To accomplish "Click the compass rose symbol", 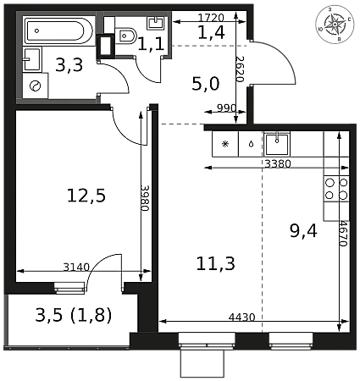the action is (335, 25).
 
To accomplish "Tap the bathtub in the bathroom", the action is (58, 31).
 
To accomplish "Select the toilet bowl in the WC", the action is (126, 36).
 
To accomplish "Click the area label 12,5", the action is (86, 196).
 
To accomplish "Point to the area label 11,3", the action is (215, 264).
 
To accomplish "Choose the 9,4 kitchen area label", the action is (303, 230).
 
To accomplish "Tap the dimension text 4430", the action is (241, 317).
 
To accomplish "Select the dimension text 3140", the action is (76, 267).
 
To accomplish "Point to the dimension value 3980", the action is (145, 198).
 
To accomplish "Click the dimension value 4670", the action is (343, 233).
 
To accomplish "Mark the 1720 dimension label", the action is (211, 18).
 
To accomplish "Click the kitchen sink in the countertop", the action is (277, 144).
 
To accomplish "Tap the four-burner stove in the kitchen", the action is (336, 189).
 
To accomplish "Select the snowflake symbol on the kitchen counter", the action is (225, 144).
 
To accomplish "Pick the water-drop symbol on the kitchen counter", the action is (251, 144).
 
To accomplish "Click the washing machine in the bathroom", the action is (36, 86).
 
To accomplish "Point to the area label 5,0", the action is (206, 84).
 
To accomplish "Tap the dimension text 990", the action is (226, 108).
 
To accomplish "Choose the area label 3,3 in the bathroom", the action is (69, 65).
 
